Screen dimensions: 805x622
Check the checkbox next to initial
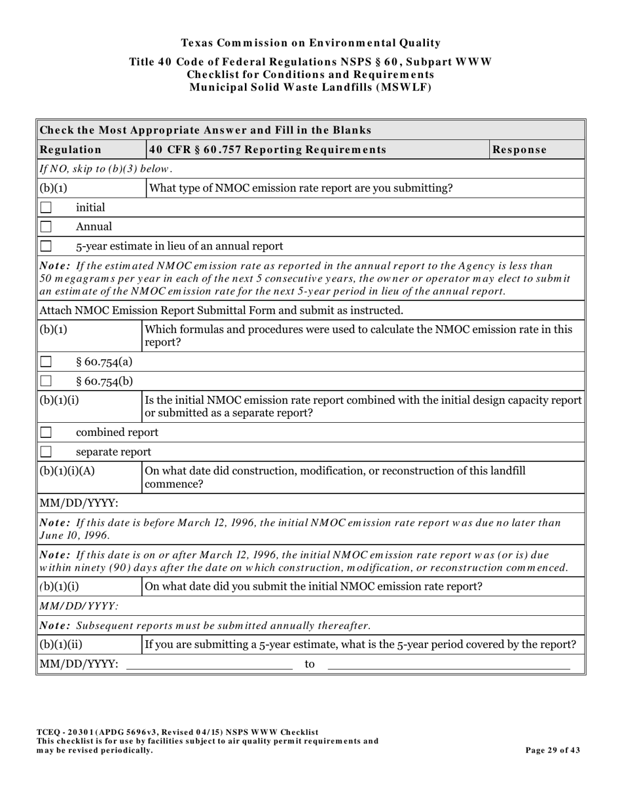click(x=46, y=208)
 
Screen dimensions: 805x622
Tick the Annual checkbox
click(x=46, y=227)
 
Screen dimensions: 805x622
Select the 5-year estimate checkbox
click(x=46, y=247)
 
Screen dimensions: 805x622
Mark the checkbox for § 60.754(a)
click(x=46, y=362)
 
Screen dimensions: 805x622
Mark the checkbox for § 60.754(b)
click(x=46, y=381)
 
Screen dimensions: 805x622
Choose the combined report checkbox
click(x=46, y=433)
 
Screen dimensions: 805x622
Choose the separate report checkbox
click(x=46, y=452)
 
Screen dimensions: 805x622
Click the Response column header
click(x=519, y=150)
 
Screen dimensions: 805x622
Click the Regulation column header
click(x=71, y=150)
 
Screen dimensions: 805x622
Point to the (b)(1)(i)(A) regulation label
click(x=67, y=471)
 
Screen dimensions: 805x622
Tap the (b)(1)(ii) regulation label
click(x=61, y=645)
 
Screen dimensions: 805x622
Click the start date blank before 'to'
click(x=209, y=664)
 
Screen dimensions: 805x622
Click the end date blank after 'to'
click(x=448, y=664)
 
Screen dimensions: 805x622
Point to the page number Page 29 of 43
click(x=553, y=751)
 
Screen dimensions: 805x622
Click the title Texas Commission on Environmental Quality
click(x=310, y=43)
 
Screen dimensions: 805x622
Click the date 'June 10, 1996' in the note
click(x=75, y=535)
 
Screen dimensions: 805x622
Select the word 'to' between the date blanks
click(x=310, y=664)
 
